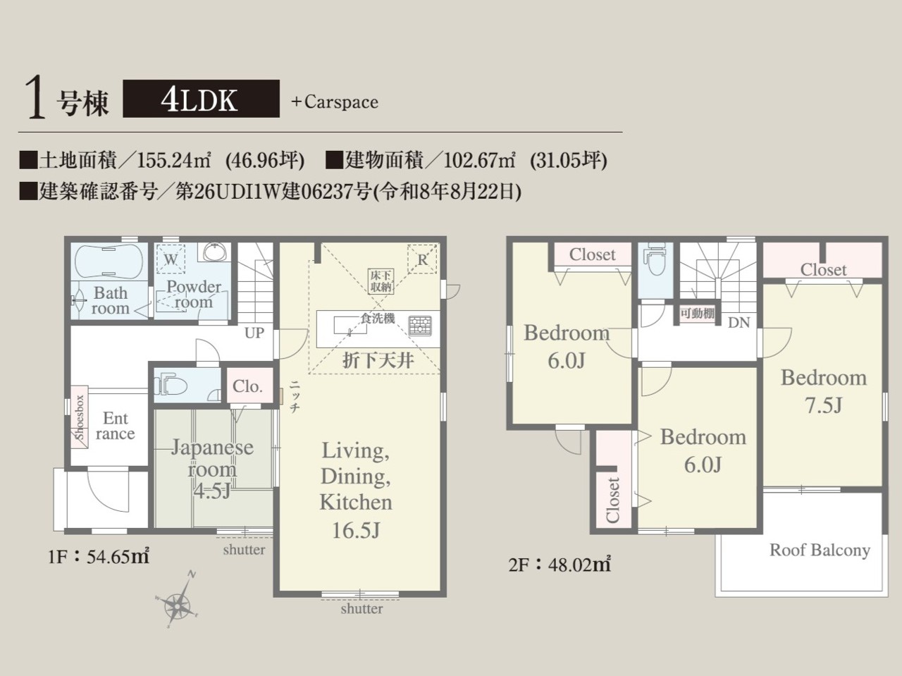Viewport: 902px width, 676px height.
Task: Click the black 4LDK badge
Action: pos(201,99)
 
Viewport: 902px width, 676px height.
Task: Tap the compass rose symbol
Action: pos(178,603)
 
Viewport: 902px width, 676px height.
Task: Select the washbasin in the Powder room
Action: pos(214,252)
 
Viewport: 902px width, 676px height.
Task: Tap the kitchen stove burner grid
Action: pos(419,326)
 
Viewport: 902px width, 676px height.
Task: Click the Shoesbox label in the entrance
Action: pos(80,417)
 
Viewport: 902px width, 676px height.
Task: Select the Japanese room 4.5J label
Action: pos(211,469)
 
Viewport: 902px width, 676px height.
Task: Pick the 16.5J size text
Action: pos(356,530)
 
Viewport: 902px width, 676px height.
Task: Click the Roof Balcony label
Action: pos(820,551)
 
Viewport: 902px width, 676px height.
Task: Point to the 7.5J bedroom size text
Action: pos(824,405)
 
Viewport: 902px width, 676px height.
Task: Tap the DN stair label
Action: pos(739,323)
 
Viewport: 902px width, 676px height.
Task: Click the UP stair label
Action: pos(254,333)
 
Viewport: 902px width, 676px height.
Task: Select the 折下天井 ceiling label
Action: pos(378,360)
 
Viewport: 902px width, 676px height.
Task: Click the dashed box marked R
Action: pos(422,259)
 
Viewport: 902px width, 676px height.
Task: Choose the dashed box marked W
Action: pos(171,259)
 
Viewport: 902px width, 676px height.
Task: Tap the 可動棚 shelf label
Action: pos(698,314)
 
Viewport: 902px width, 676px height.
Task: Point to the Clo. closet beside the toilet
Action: pos(247,386)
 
